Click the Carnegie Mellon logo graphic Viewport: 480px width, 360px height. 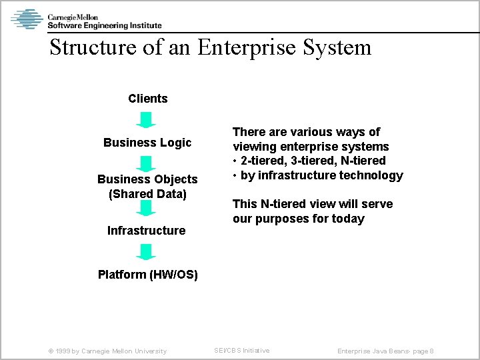tap(27, 19)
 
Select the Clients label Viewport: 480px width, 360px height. tap(148, 99)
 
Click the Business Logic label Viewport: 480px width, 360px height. tap(147, 143)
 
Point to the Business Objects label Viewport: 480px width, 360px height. tap(147, 179)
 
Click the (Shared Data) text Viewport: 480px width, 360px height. tap(147, 194)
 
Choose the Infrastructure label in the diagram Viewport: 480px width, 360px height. tap(147, 231)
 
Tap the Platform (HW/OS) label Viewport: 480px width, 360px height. tap(148, 275)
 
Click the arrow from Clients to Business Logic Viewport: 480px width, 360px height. tap(146, 120)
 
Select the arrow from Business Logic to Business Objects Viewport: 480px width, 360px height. tap(146, 163)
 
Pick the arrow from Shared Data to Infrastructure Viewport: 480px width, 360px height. tap(146, 209)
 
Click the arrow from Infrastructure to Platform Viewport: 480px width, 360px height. tap(146, 252)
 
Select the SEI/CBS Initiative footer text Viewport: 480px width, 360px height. tap(241, 350)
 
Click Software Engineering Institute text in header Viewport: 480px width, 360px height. tap(104, 25)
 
